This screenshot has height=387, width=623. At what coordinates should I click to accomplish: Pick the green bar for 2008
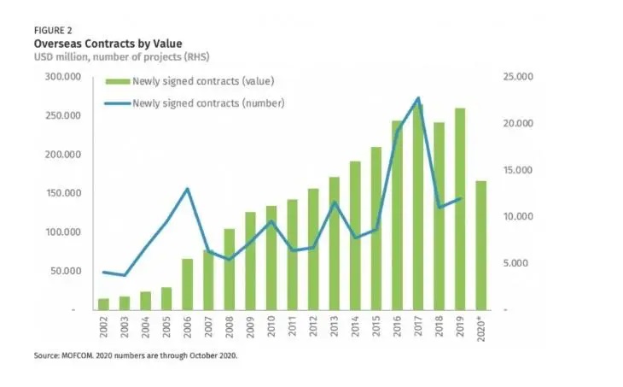point(229,268)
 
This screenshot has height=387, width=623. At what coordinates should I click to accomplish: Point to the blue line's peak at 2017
point(417,97)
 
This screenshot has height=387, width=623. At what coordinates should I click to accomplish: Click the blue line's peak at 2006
point(187,189)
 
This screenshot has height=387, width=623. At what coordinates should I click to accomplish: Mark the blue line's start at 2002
point(104,273)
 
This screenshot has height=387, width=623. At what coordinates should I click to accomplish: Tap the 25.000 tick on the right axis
point(517,77)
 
